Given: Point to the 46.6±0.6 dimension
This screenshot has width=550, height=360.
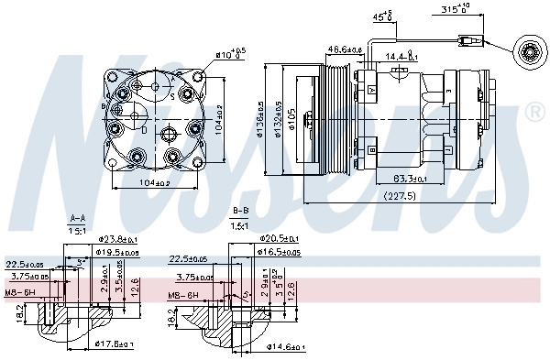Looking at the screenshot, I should click(x=346, y=49).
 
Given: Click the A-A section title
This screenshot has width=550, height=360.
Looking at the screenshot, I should click(x=78, y=219).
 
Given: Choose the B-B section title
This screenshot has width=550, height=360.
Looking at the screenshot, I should click(x=241, y=213).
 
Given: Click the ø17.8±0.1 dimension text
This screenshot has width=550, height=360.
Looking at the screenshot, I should click(x=115, y=344).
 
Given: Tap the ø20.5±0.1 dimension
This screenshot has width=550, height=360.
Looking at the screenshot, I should click(x=279, y=237).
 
